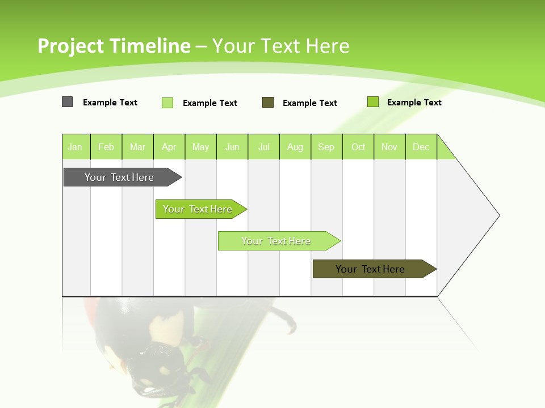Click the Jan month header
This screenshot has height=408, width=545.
tap(76, 147)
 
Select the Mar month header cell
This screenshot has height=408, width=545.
tap(137, 147)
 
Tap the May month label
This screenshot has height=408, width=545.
tap(200, 147)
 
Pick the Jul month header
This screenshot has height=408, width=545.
tap(264, 147)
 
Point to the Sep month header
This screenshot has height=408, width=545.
tap(326, 147)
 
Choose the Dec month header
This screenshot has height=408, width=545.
tap(421, 147)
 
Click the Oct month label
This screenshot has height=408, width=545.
tap(358, 147)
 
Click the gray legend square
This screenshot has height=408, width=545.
tap(68, 102)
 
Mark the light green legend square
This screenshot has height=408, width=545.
tap(167, 103)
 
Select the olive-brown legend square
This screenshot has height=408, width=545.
tap(268, 103)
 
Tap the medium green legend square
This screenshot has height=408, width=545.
tap(373, 102)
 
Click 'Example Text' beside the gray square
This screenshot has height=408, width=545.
tap(110, 103)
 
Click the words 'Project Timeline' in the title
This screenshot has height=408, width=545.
tap(114, 46)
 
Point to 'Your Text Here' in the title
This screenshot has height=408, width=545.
tap(280, 46)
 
